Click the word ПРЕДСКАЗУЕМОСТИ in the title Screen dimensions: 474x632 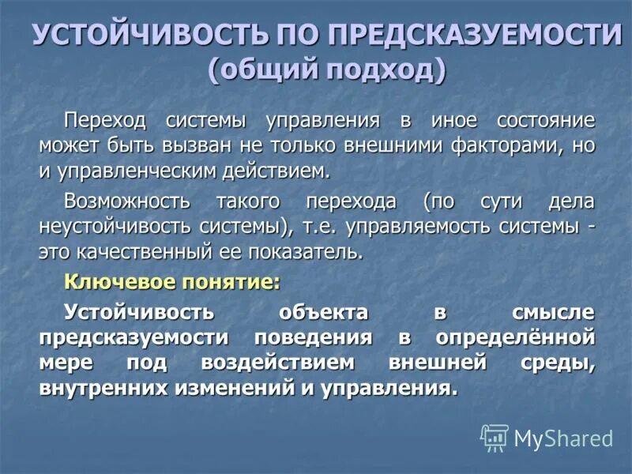tap(475, 36)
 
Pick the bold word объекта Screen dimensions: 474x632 tap(323, 312)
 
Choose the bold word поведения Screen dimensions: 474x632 tap(313, 337)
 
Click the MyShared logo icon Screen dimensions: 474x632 tap(495, 438)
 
